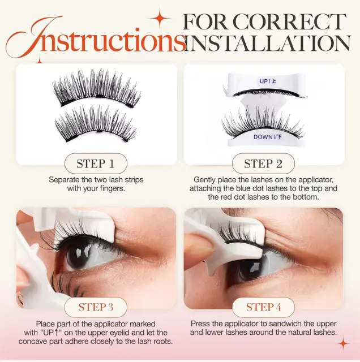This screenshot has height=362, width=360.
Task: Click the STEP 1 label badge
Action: (96, 163)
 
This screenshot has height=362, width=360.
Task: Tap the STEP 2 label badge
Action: (263, 163)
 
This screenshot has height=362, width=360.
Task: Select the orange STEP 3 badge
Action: (96, 307)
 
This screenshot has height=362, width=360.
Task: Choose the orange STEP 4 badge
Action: (263, 307)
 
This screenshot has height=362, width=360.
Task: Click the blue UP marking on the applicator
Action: (268, 81)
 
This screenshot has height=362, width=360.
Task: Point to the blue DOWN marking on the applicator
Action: (268, 137)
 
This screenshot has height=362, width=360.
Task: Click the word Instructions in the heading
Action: (96, 37)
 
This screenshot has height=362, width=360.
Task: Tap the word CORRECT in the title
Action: (289, 22)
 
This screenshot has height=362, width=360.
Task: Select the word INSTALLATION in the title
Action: (268, 43)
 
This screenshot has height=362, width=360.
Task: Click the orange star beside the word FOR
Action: (160, 18)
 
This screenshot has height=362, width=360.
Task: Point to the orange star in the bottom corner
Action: (344, 344)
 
